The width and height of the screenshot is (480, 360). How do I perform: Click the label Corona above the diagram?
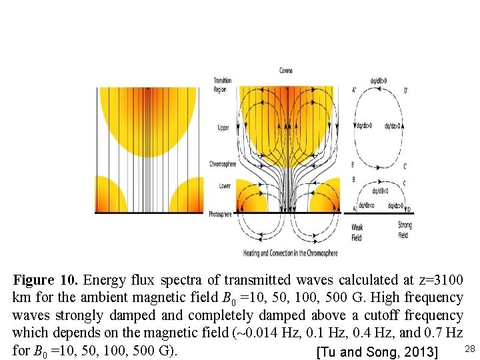coord(286,70)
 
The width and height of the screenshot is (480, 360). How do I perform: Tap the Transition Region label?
coord(223,85)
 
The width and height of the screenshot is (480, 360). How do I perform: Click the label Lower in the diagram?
coord(225,186)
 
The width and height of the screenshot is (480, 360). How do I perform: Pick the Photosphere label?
coord(220,214)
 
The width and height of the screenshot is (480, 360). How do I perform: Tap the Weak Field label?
coord(357,231)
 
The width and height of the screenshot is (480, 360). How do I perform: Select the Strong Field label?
coord(404,231)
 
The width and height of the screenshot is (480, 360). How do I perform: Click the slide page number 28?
coord(469,349)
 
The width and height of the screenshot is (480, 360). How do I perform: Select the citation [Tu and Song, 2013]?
coord(377,352)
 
